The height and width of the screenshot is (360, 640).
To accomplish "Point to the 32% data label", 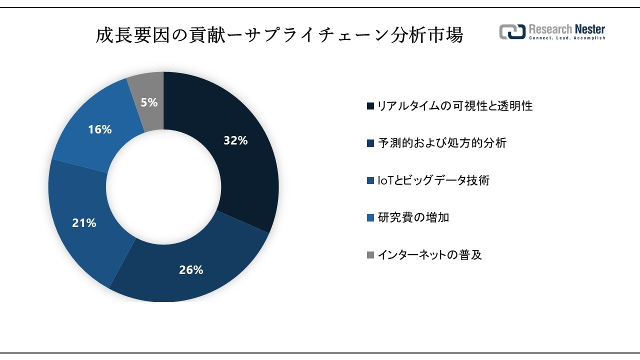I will click(235, 141).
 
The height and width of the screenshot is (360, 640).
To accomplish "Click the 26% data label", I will click(191, 270).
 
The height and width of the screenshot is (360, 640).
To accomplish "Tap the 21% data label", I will click(84, 223).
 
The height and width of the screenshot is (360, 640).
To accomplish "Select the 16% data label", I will click(99, 129).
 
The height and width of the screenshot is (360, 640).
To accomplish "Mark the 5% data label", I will click(149, 102).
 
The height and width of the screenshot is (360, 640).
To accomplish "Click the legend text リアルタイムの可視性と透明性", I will click(454, 106).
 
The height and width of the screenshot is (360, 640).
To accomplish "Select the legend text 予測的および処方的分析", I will click(441, 143).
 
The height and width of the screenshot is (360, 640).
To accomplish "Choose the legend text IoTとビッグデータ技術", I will click(433, 180).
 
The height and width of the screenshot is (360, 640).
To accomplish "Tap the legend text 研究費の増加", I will click(413, 217).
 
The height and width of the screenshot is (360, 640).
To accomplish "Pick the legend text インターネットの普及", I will click(429, 255).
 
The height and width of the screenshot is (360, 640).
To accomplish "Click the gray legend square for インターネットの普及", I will click(370, 255).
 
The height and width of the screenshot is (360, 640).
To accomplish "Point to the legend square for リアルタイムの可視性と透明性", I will click(370, 106).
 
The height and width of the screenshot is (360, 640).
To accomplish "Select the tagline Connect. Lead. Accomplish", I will click(567, 38).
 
